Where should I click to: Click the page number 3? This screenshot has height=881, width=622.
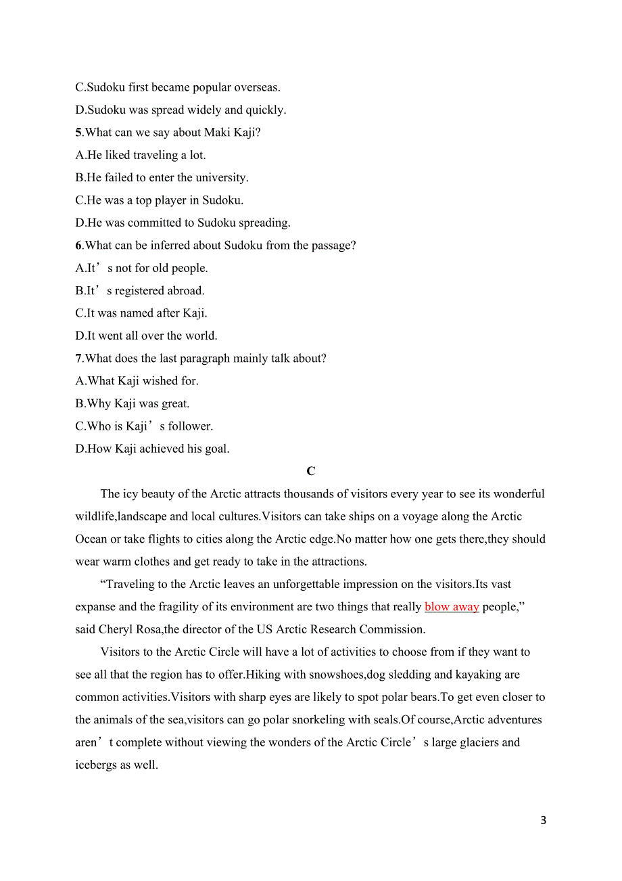tap(544, 821)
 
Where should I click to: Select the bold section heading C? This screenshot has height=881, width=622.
tap(311, 472)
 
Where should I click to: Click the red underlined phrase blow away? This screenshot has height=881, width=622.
tap(452, 607)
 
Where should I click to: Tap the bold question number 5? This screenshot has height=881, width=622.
tap(78, 133)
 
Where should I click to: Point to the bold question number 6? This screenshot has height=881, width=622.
tap(78, 246)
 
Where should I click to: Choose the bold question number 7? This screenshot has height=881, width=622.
tap(78, 359)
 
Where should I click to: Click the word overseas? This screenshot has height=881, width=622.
tap(256, 87)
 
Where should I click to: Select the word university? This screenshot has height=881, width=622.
tap(220, 178)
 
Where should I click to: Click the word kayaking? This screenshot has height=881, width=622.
tap(477, 675)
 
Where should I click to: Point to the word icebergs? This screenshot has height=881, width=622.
tap(97, 765)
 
